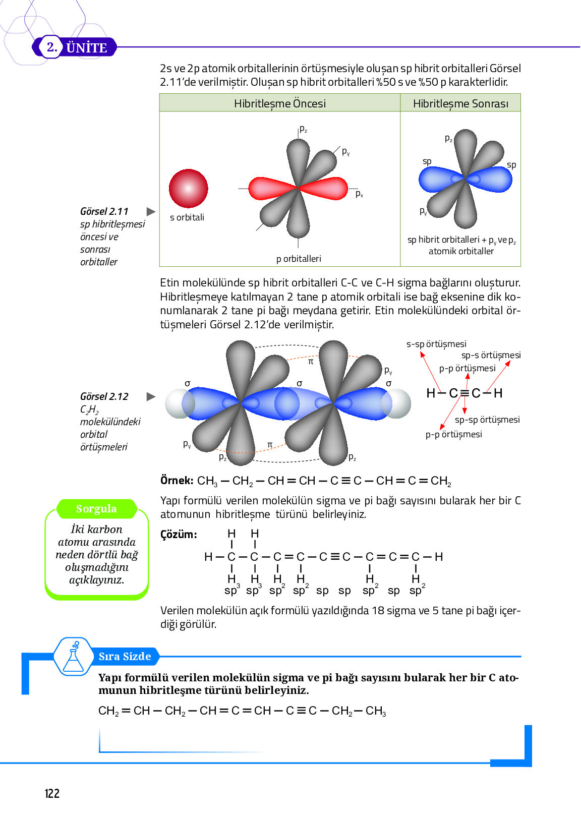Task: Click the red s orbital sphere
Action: (x=188, y=188)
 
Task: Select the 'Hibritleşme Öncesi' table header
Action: (x=279, y=103)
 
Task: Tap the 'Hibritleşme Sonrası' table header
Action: (x=460, y=103)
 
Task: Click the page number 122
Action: (x=52, y=794)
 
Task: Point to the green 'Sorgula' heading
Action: (x=96, y=508)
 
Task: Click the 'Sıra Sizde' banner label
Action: (x=125, y=656)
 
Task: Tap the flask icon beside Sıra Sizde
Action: (x=74, y=657)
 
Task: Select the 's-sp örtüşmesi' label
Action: (x=436, y=344)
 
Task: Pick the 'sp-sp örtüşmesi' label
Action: (x=487, y=420)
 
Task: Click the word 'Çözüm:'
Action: (x=179, y=535)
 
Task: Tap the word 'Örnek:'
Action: (x=177, y=480)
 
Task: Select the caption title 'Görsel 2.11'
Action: (x=104, y=211)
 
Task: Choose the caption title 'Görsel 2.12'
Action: (x=104, y=396)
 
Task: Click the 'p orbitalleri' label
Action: (x=299, y=259)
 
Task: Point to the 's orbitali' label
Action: (x=187, y=217)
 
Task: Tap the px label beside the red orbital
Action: (x=359, y=194)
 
